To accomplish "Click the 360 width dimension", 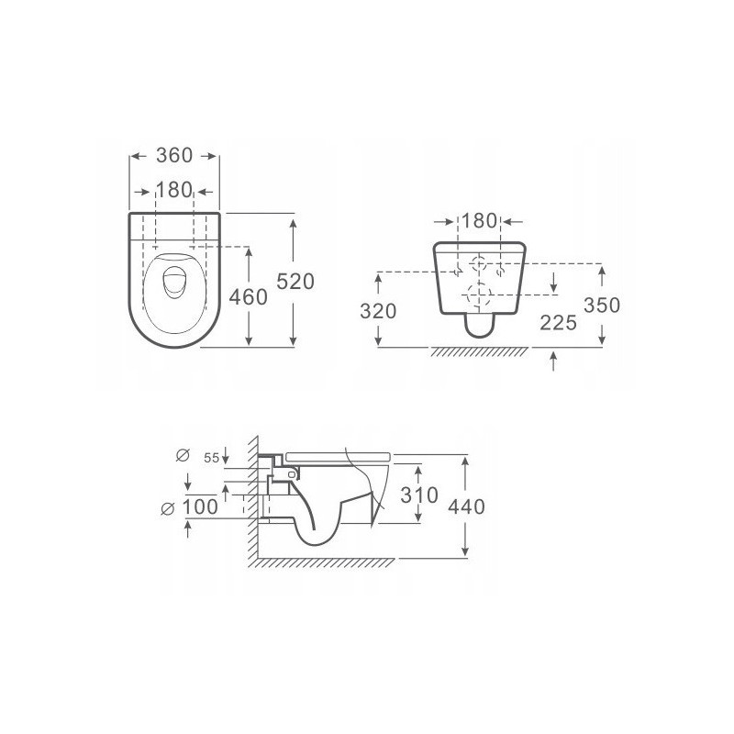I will pyautogui.click(x=174, y=156).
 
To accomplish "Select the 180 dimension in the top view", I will pyautogui.click(x=173, y=191).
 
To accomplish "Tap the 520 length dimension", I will pyautogui.click(x=295, y=281).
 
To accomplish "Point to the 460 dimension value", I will pyautogui.click(x=249, y=297).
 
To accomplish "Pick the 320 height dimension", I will pyautogui.click(x=379, y=311).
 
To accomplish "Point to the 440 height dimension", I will pyautogui.click(x=466, y=505).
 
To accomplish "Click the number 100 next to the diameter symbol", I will pyautogui.click(x=201, y=506).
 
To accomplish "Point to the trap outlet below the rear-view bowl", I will pyautogui.click(x=480, y=325).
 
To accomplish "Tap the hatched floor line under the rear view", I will pyautogui.click(x=480, y=352).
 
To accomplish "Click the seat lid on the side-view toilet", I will pyautogui.click(x=339, y=454).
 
